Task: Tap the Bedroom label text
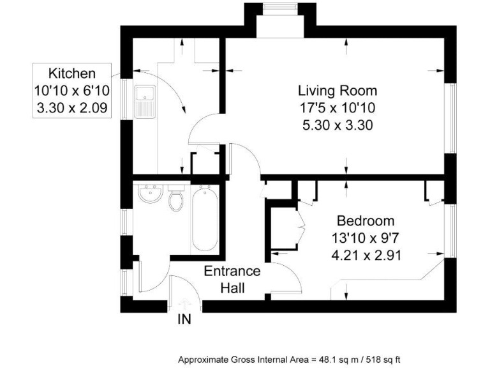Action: point(366,221)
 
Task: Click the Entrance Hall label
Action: point(232,279)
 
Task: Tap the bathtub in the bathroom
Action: point(204,218)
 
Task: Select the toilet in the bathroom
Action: point(175,199)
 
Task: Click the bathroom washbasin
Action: point(151,194)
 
